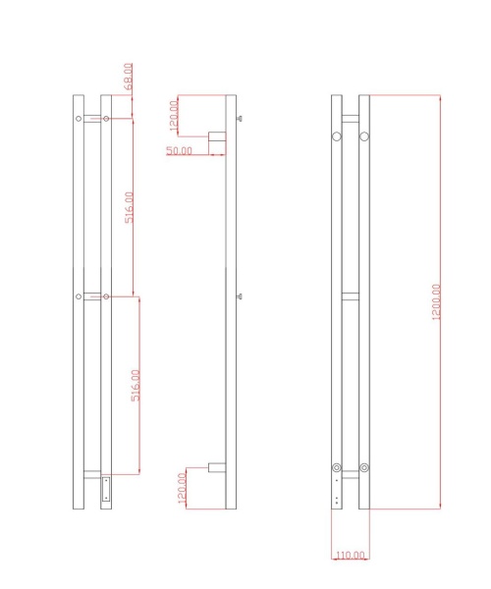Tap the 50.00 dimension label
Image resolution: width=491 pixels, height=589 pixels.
179,150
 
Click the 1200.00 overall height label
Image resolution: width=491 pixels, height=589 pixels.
436,301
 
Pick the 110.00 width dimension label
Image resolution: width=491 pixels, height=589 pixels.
350,556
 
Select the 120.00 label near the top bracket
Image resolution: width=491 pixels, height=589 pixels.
175,116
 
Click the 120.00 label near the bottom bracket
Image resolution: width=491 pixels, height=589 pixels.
182,488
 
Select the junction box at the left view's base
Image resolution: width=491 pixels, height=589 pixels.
106,488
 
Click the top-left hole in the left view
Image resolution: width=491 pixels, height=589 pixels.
79,119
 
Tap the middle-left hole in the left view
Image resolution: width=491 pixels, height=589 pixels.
79,295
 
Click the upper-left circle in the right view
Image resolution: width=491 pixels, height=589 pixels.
337,134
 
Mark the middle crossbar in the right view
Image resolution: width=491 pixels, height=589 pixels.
351,296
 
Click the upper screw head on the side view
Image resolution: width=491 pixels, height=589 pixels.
240,120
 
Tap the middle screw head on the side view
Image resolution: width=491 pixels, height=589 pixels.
240,295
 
